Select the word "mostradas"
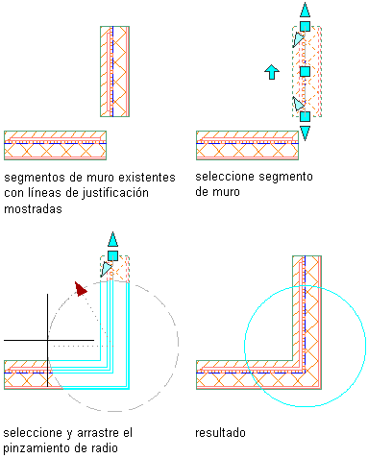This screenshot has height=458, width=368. pyautogui.click(x=33, y=209)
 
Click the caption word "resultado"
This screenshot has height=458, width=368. pyautogui.click(x=220, y=433)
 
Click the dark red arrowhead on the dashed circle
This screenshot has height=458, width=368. pyautogui.click(x=81, y=289)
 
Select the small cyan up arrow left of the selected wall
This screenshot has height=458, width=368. pyautogui.click(x=272, y=72)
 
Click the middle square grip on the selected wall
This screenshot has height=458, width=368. pyautogui.click(x=305, y=71)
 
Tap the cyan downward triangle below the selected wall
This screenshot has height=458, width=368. pyautogui.click(x=305, y=133)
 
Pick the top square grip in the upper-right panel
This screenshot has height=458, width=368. pyautogui.click(x=305, y=26)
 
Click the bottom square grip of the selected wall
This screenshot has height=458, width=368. pyautogui.click(x=305, y=116)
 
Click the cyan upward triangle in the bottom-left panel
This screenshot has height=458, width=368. pyautogui.click(x=112, y=239)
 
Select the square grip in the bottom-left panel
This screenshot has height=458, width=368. pyautogui.click(x=112, y=255)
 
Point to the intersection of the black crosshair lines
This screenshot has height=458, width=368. pyautogui.click(x=48, y=340)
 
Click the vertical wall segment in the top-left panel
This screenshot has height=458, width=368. pyautogui.click(x=114, y=71)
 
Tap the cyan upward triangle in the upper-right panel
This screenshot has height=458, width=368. pyautogui.click(x=305, y=10)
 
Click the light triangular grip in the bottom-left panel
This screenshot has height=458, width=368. pyautogui.click(x=106, y=269)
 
